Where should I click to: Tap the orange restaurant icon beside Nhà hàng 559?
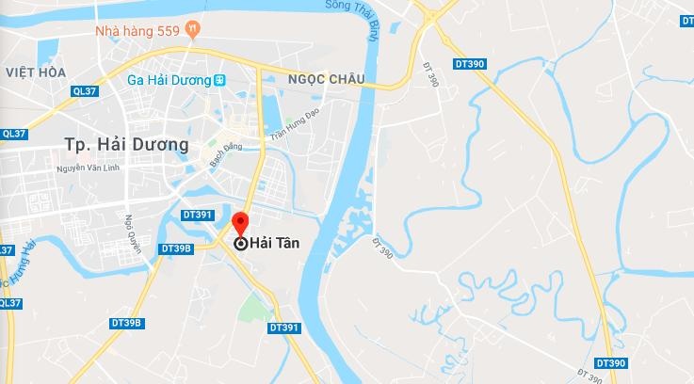coord(192,29)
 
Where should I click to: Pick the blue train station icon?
coord(220,80)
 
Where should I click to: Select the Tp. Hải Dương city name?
coord(126,144)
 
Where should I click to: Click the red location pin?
coord(239,226)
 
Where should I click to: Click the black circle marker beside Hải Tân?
coord(240,243)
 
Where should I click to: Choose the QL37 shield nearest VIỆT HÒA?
coord(84,91)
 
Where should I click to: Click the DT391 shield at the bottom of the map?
coord(283,328)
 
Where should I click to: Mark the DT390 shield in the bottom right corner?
coord(610,363)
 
